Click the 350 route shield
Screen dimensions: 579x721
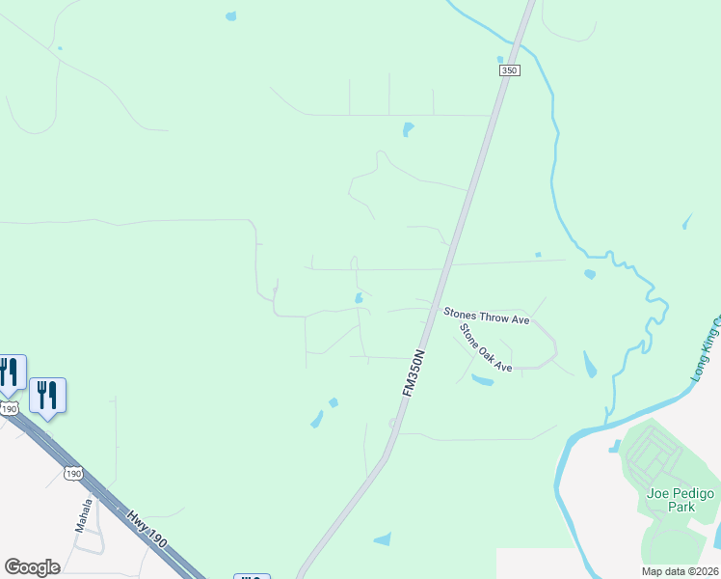[x=509, y=71]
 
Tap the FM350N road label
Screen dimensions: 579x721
[x=414, y=372]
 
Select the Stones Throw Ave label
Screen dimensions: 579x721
[x=487, y=316]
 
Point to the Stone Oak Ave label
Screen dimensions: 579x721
[x=485, y=347]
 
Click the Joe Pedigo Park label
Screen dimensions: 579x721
[x=681, y=500]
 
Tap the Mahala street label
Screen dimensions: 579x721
[x=85, y=515]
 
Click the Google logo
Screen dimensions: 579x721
[x=32, y=567]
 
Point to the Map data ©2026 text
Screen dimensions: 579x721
[x=680, y=570]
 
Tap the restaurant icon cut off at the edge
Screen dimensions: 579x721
[x=10, y=372]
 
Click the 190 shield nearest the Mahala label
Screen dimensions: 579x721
[x=73, y=473]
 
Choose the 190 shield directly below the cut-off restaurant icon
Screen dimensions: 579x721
[x=10, y=409]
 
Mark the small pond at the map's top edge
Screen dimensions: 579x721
[x=230, y=16]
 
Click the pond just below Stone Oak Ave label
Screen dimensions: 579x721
[x=482, y=379]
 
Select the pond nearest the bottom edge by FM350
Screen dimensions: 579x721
[x=384, y=538]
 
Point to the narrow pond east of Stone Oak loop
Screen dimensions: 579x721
[x=590, y=365]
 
